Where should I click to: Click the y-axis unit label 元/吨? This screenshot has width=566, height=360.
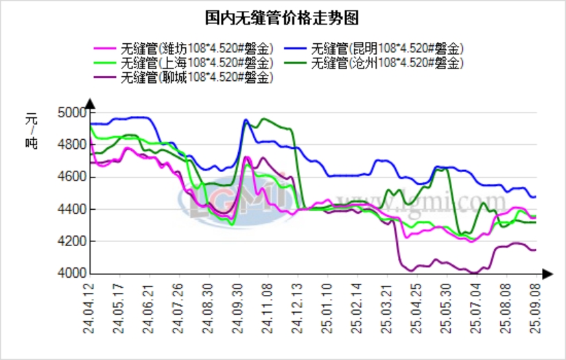[x=32, y=130]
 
